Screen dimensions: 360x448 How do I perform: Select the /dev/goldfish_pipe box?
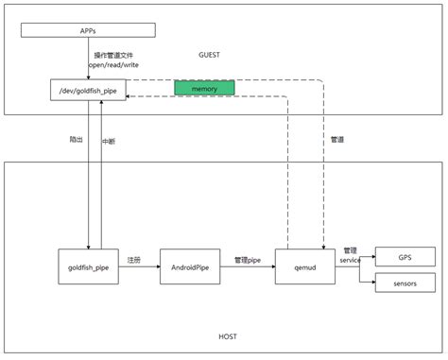click(88, 90)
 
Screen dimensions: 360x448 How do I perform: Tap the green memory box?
click(204, 88)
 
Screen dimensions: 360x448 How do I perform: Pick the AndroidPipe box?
click(190, 266)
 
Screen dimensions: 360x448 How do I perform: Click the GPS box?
click(404, 256)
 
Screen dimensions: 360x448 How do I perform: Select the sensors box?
click(404, 283)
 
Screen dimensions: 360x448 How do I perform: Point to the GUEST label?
click(209, 55)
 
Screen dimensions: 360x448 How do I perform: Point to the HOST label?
click(228, 336)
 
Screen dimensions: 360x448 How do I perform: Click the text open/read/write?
click(114, 65)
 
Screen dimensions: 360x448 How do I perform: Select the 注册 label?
click(134, 259)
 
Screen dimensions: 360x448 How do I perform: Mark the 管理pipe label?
click(247, 259)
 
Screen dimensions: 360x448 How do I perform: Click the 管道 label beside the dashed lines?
click(337, 139)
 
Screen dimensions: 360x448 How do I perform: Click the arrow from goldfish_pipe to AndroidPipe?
click(139, 267)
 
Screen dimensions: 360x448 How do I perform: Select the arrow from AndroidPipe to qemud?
click(248, 267)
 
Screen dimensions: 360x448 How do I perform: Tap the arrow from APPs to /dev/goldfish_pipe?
click(88, 58)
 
